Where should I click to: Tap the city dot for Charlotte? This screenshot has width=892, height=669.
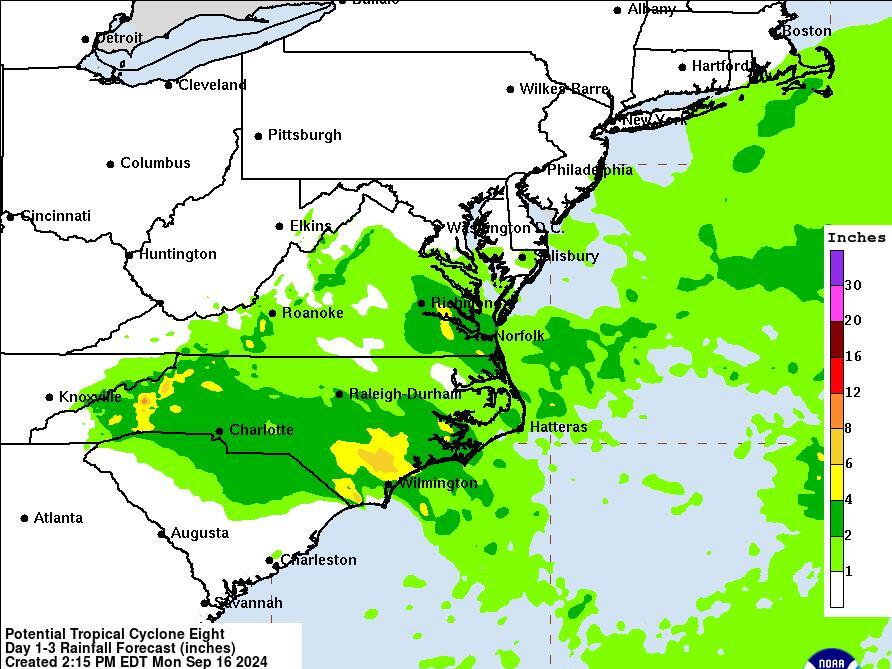[x=220, y=432]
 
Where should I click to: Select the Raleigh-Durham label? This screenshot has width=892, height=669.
[x=405, y=394]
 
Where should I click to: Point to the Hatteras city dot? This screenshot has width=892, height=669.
[x=520, y=428]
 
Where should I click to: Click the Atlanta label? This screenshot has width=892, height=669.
[x=57, y=518]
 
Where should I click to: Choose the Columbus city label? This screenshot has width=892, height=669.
[x=155, y=163]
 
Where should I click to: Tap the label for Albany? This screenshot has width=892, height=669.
[x=652, y=10]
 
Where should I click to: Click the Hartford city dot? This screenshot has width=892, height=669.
[x=683, y=67]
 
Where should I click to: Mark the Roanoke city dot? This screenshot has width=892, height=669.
[x=273, y=313]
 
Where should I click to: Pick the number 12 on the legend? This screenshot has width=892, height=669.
[x=852, y=393]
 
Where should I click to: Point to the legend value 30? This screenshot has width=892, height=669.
[x=852, y=286]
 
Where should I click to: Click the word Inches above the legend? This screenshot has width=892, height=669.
[x=856, y=238]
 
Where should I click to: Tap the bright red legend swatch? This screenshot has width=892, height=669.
[x=836, y=375]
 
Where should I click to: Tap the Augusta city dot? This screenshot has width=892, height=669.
[x=162, y=534]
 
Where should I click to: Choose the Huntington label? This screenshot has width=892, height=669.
[x=177, y=254]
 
